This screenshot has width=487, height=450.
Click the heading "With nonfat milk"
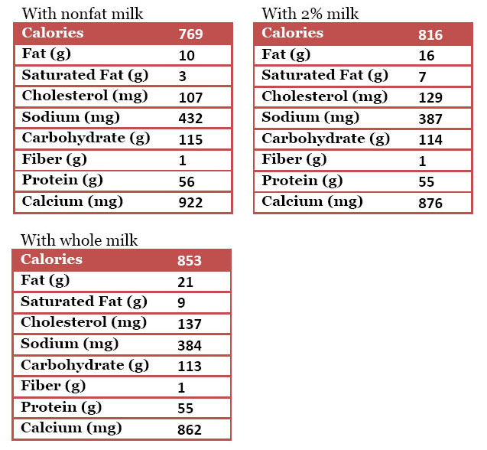(82, 14)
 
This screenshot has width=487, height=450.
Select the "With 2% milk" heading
(310, 14)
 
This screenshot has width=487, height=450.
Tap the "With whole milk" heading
(79, 240)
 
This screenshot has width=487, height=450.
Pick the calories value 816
(430, 35)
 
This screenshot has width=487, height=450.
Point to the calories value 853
(189, 261)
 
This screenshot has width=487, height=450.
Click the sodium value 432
(190, 119)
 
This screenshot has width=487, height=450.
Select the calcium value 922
(190, 203)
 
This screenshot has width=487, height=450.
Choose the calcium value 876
(430, 204)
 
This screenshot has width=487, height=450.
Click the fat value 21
(185, 282)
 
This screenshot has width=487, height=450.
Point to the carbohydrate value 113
(189, 367)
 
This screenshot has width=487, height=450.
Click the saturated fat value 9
(181, 303)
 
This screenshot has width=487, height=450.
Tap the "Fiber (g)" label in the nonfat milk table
(54, 159)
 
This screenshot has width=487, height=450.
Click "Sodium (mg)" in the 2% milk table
(310, 117)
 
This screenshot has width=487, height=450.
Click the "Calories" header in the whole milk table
(51, 259)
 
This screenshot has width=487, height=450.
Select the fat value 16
(426, 56)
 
